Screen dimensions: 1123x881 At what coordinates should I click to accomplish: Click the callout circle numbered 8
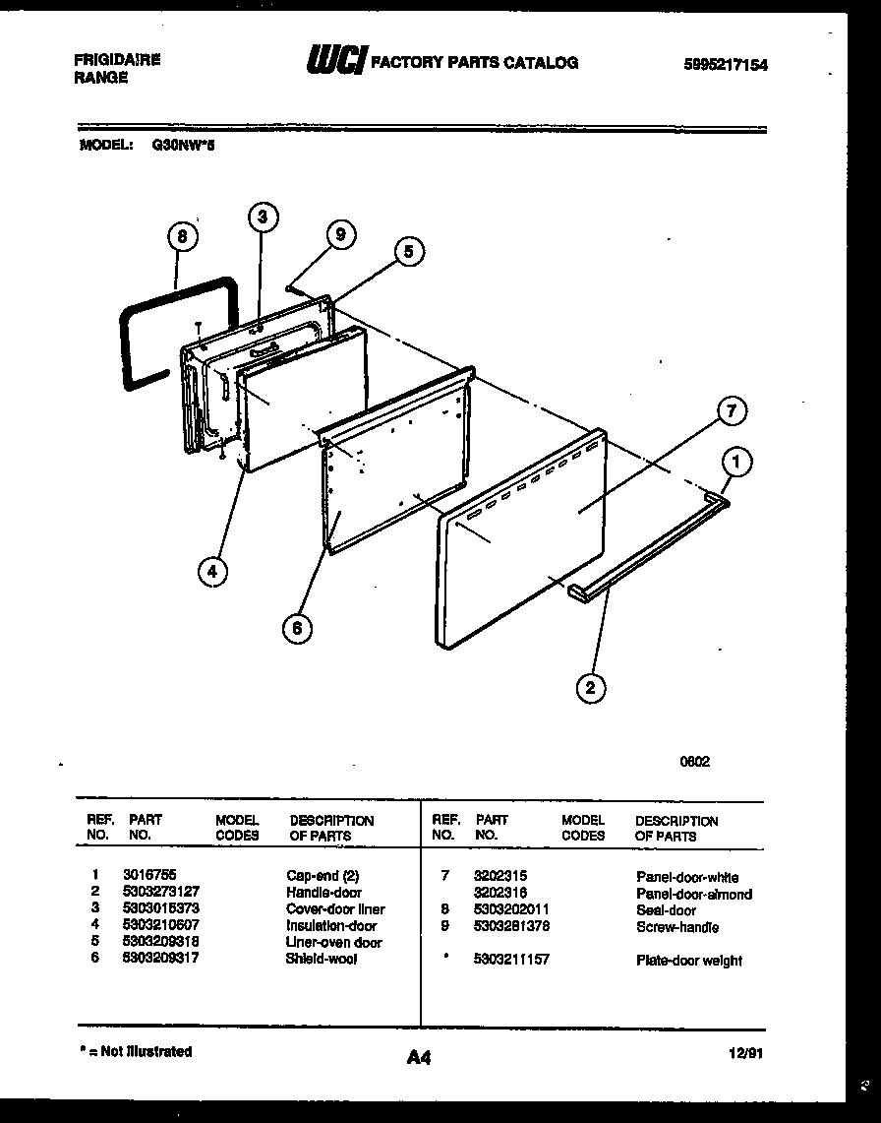click(182, 237)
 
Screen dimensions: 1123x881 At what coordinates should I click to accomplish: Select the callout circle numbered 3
click(262, 218)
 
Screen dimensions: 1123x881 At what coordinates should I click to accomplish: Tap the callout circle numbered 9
click(340, 234)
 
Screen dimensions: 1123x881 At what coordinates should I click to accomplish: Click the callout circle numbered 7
click(730, 412)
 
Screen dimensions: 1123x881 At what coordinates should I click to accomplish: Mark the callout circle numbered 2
click(590, 688)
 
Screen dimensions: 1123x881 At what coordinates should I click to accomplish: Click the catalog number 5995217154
click(725, 65)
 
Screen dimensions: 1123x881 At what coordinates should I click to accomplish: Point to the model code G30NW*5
click(178, 144)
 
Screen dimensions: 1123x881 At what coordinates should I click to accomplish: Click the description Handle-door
click(323, 893)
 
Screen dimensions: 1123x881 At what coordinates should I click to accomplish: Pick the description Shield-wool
click(321, 959)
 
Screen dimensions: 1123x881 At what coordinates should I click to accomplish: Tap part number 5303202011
click(511, 910)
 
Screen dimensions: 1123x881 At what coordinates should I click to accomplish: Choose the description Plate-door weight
click(689, 961)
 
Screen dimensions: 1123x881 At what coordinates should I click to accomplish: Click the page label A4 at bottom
click(418, 1058)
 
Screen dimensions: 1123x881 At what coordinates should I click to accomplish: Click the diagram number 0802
click(694, 761)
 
